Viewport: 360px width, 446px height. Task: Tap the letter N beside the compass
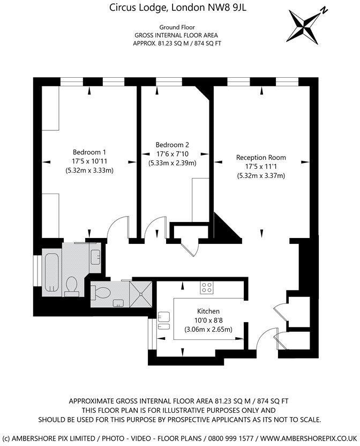(324, 10)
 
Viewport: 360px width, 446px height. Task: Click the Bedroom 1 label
(89, 152)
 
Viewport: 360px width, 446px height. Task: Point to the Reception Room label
(261, 158)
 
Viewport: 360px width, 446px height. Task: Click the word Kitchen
(208, 311)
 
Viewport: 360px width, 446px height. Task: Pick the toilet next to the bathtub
(70, 286)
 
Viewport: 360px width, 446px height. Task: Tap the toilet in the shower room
(102, 293)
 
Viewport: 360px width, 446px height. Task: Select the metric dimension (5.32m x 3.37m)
(261, 175)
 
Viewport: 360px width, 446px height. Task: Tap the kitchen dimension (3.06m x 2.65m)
(208, 329)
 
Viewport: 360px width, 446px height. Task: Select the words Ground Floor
(176, 27)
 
